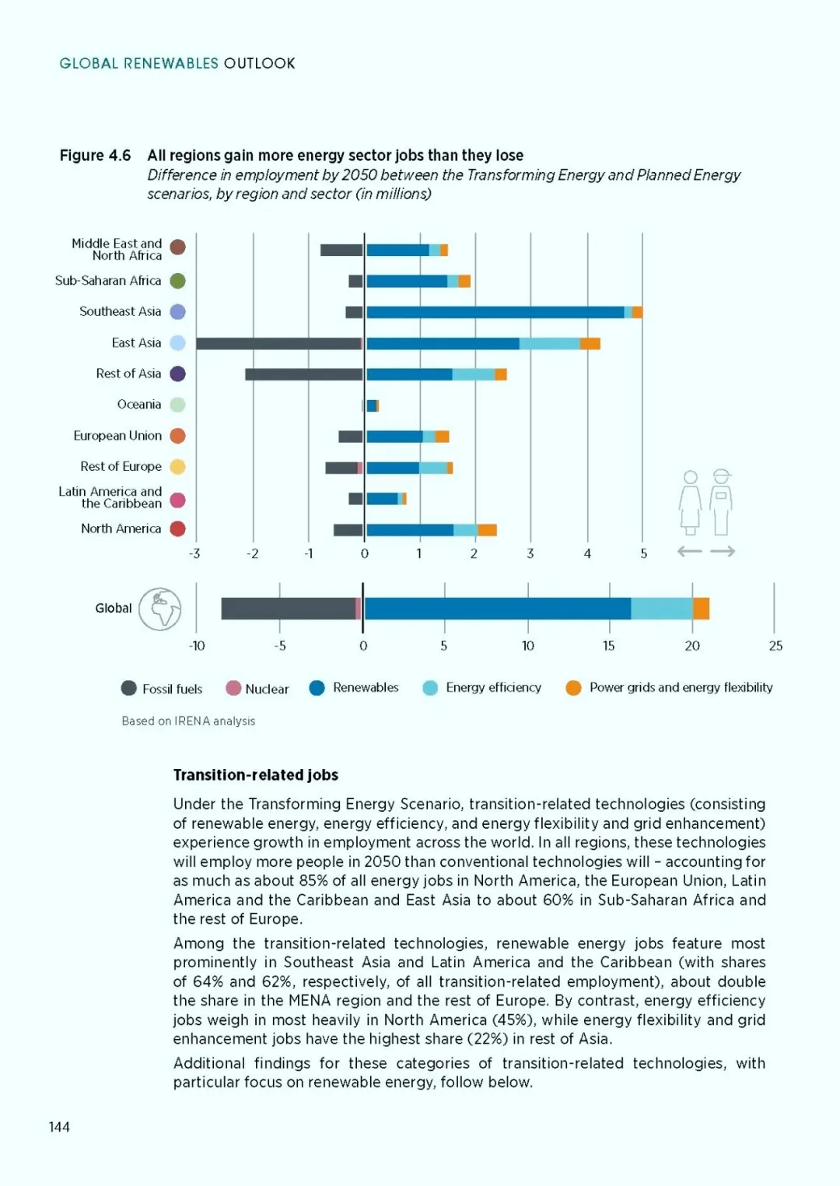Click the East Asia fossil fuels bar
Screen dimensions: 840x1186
pyautogui.click(x=278, y=344)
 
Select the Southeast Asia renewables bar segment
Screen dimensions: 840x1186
pyautogui.click(x=495, y=312)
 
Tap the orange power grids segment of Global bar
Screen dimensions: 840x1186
pyautogui.click(x=702, y=609)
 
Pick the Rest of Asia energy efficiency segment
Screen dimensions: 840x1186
pyautogui.click(x=474, y=374)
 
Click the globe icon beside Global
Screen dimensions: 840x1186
pyautogui.click(x=160, y=609)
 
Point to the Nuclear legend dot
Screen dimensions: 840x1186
pyautogui.click(x=233, y=688)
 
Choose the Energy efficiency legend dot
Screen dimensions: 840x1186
pyautogui.click(x=430, y=688)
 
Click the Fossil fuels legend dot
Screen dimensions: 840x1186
pyautogui.click(x=128, y=688)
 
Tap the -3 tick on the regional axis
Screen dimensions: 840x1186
pyautogui.click(x=194, y=554)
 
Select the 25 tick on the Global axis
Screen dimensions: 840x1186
pyautogui.click(x=775, y=646)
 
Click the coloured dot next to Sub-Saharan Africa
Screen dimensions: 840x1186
pyautogui.click(x=178, y=281)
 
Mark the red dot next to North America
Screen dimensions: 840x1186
pyautogui.click(x=178, y=528)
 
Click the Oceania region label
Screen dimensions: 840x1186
pyautogui.click(x=139, y=405)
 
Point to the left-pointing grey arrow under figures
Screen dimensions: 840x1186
pyautogui.click(x=690, y=551)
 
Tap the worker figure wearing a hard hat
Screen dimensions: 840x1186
pyautogui.click(x=721, y=502)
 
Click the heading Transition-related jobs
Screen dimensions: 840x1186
pyautogui.click(x=256, y=775)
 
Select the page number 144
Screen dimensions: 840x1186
pyautogui.click(x=59, y=1127)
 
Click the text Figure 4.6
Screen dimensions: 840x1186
pyautogui.click(x=95, y=156)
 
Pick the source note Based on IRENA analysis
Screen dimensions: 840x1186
pyautogui.click(x=188, y=721)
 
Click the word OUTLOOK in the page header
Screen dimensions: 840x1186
pyautogui.click(x=259, y=64)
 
